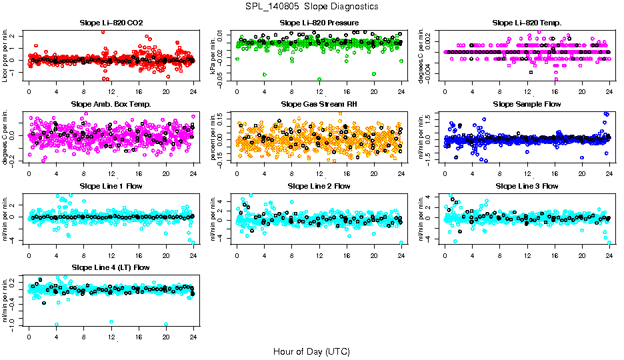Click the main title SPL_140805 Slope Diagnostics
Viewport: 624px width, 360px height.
(x=311, y=7)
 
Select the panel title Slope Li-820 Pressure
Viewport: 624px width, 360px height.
(x=319, y=23)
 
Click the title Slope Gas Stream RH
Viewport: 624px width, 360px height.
(x=319, y=104)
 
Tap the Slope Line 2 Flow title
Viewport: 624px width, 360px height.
(x=319, y=186)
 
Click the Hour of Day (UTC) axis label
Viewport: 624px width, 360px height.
(x=311, y=351)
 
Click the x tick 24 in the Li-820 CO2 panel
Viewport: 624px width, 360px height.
(x=193, y=92)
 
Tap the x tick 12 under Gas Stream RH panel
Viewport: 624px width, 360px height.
(x=319, y=173)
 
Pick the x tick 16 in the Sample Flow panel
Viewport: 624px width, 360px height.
(x=555, y=173)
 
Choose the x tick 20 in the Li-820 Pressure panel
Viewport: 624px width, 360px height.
(x=374, y=92)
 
